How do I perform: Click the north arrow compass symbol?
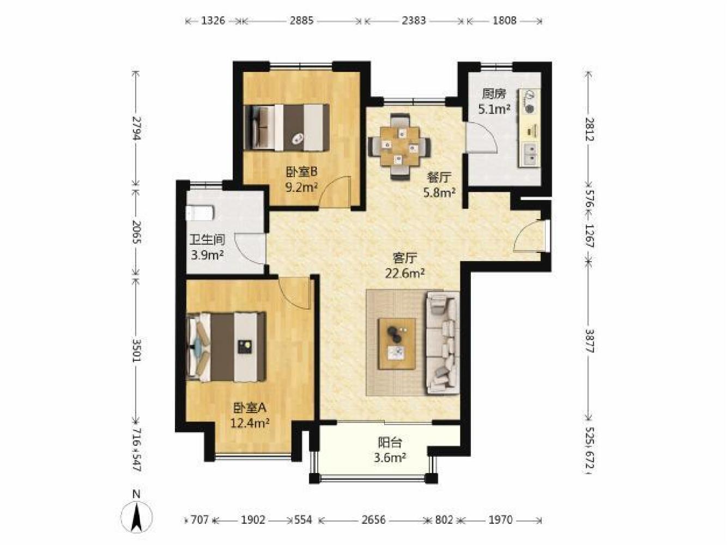tap(136, 516)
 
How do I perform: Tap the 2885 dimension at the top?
tap(301, 21)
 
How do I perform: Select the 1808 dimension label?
tap(505, 21)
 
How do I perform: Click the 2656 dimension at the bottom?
tap(373, 520)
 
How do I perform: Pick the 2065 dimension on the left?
tap(136, 232)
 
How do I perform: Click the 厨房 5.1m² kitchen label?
tap(494, 101)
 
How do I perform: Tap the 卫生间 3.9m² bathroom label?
tap(207, 247)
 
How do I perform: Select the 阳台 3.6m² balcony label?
tap(390, 450)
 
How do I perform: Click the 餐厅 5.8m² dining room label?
tap(439, 185)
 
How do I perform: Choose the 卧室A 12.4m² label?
tap(250, 415)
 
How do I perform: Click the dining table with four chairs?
tap(400, 147)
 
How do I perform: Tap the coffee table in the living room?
tap(397, 344)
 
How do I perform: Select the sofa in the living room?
tap(442, 342)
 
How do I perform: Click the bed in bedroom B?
tap(287, 128)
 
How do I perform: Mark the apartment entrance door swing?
tap(529, 236)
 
